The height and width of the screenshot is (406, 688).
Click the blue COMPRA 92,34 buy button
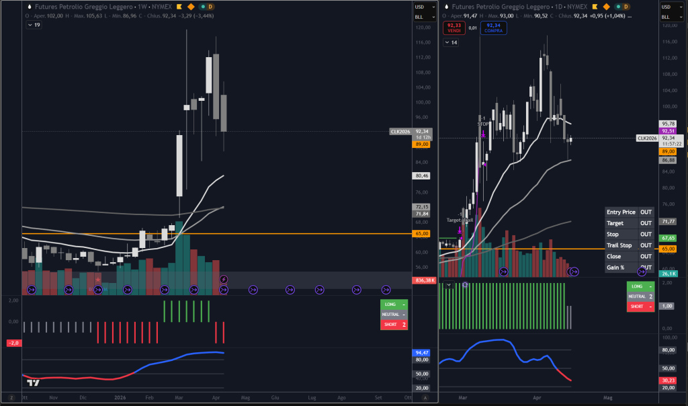[x=494, y=28]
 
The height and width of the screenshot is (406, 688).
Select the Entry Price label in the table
[x=620, y=212]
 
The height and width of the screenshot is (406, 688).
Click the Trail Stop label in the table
[x=619, y=245]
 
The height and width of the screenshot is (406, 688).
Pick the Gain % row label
[x=615, y=268]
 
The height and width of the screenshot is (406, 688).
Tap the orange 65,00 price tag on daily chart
[x=668, y=249]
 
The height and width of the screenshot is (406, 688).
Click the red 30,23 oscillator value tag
[x=668, y=380]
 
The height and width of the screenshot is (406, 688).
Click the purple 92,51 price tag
[x=668, y=131]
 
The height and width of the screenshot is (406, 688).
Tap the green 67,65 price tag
[x=668, y=238]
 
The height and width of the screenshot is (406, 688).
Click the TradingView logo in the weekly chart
[x=32, y=383]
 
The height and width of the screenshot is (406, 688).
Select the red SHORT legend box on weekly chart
[x=393, y=325]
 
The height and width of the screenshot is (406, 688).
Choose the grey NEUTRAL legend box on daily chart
[x=640, y=296]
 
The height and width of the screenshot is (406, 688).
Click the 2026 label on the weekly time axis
[x=120, y=398]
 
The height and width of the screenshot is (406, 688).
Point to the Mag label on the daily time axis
[x=608, y=398]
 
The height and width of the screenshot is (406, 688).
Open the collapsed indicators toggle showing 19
[x=34, y=25]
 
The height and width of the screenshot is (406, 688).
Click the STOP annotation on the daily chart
[x=483, y=124]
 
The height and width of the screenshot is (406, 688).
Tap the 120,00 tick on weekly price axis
[x=423, y=28]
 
